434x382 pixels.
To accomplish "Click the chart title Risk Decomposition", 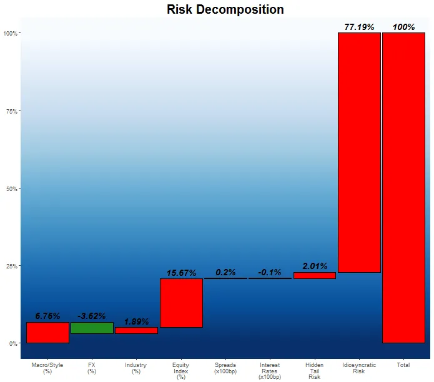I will (x=225, y=10).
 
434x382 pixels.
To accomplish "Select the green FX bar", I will (x=92, y=328).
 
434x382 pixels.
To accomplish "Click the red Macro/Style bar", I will (x=47, y=332).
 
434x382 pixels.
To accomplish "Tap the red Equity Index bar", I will (x=181, y=303).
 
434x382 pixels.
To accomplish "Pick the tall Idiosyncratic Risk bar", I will (x=359, y=152).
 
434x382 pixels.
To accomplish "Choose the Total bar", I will (x=403, y=187).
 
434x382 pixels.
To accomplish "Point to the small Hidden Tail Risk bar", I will (x=315, y=275).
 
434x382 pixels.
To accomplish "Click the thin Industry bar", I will (x=136, y=330).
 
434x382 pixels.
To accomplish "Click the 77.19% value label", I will (x=359, y=27).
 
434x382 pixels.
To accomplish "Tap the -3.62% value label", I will (x=92, y=316).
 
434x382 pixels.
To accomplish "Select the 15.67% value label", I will (x=181, y=273).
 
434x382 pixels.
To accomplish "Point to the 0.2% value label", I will (x=225, y=272).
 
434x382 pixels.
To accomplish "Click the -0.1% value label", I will (x=270, y=272).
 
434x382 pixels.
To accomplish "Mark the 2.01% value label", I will (x=315, y=266).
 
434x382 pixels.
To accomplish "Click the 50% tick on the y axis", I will (x=12, y=189).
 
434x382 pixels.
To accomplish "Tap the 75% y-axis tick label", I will (x=12, y=111).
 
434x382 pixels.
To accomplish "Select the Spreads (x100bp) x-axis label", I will (x=225, y=368).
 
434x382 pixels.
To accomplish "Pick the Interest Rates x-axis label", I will (x=270, y=371).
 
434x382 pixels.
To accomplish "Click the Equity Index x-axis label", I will (x=181, y=371).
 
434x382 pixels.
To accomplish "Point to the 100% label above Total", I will (x=403, y=27).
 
